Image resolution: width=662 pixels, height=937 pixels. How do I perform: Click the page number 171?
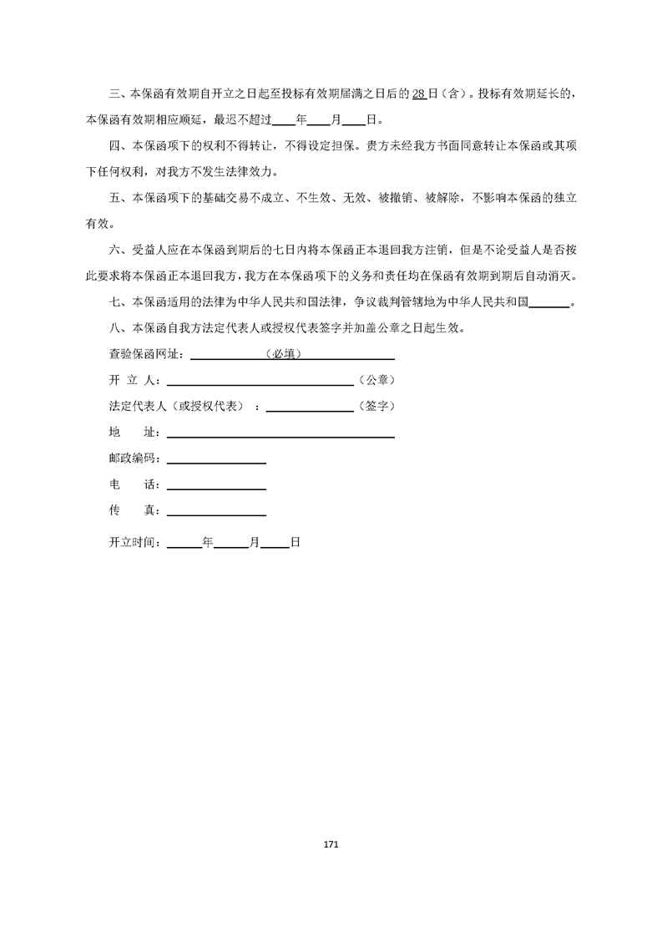331,845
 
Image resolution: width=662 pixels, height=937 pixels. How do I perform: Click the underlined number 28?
420,94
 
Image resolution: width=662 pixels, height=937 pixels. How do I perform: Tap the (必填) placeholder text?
282,354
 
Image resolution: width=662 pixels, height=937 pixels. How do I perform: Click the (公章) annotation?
376,380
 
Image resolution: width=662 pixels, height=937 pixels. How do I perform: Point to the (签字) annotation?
376,407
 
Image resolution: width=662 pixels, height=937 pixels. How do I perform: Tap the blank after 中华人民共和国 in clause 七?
550,303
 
